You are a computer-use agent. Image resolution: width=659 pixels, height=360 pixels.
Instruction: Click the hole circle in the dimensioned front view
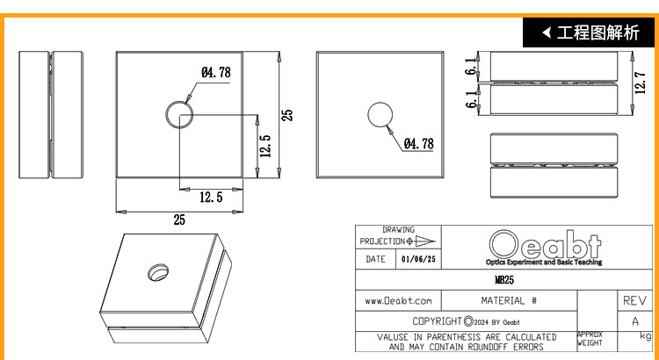pyautogui.click(x=166, y=114)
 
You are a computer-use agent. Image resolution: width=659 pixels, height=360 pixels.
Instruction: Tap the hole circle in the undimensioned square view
pyautogui.click(x=368, y=115)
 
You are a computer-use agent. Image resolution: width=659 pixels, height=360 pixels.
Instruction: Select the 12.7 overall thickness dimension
pyautogui.click(x=641, y=83)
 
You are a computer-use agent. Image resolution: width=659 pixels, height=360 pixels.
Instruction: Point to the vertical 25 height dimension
pyautogui.click(x=287, y=115)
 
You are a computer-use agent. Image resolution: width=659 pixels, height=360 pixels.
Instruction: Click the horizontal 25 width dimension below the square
pyautogui.click(x=179, y=220)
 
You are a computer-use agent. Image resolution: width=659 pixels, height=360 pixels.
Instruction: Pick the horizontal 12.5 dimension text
pyautogui.click(x=211, y=197)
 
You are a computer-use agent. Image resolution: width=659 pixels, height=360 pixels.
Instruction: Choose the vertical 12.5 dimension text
pyautogui.click(x=265, y=146)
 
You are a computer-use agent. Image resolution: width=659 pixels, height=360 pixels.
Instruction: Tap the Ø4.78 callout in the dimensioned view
pyautogui.click(x=216, y=72)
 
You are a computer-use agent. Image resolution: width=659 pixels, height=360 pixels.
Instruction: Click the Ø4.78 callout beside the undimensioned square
pyautogui.click(x=418, y=144)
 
